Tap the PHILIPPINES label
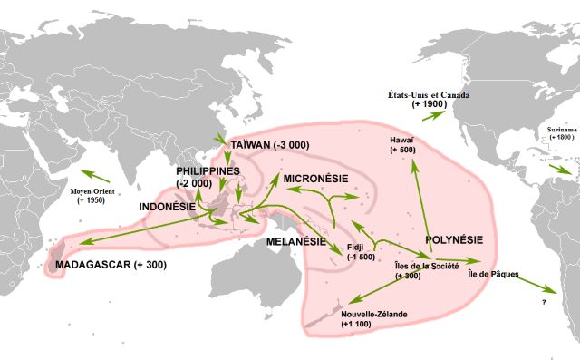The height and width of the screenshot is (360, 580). (208, 170)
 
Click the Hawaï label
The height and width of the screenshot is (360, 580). (402, 141)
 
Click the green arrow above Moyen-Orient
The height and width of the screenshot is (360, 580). (98, 174)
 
